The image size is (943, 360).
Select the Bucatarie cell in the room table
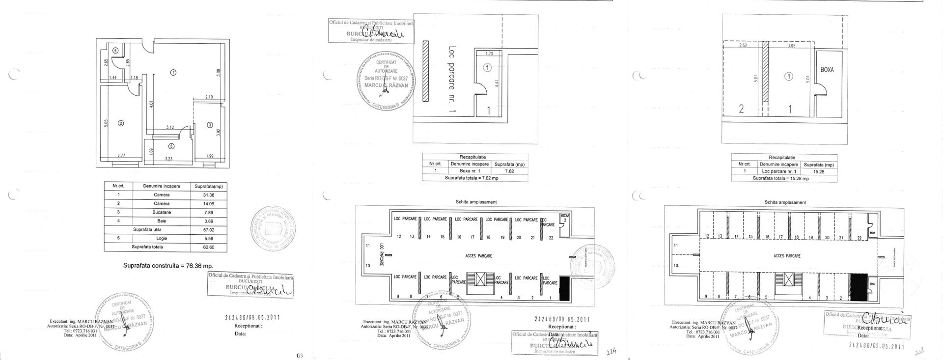[x=162, y=212]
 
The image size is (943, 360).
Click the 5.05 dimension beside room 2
[x=106, y=123]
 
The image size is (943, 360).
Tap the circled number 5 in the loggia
[x=171, y=146]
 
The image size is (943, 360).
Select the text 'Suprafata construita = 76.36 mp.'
[x=168, y=265]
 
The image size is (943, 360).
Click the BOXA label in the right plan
[x=827, y=70]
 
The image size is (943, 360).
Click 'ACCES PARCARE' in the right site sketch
[x=787, y=256]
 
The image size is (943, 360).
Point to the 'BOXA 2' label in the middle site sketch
[x=565, y=218]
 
